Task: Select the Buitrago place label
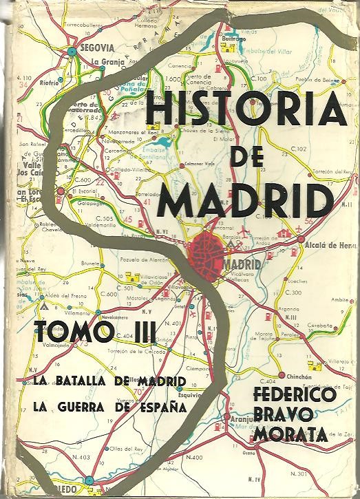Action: click(x=235, y=40)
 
